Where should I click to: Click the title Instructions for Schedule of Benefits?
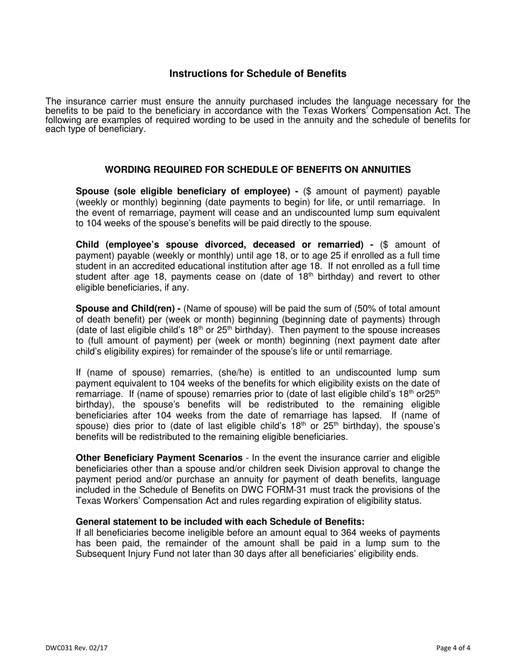(x=257, y=74)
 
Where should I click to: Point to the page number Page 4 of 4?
(x=453, y=647)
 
